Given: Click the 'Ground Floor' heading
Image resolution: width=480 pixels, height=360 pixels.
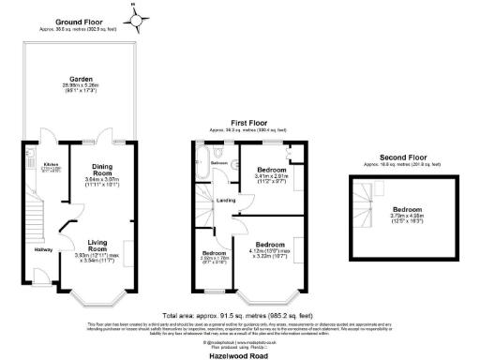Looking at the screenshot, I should (x=78, y=21).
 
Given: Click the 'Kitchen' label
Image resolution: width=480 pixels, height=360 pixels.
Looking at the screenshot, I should (x=37, y=168).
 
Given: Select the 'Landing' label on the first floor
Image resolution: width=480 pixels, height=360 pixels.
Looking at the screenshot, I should (x=227, y=200).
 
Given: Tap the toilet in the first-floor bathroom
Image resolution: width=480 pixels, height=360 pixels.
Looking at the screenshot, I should (x=218, y=149).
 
